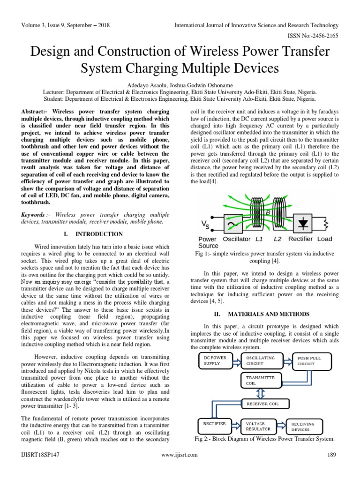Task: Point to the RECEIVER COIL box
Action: pos(260,403)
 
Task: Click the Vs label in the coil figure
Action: pos(205,222)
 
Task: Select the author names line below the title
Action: pos(180,85)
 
